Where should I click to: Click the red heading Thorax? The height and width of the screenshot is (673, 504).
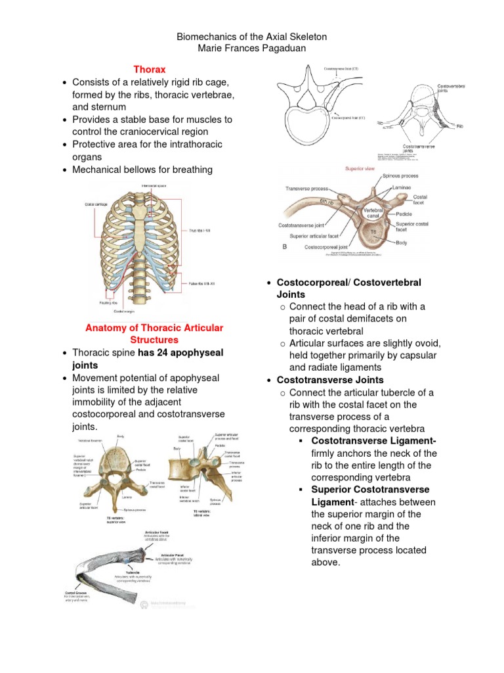tap(150, 69)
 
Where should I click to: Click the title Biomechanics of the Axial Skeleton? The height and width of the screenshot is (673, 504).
tap(251, 37)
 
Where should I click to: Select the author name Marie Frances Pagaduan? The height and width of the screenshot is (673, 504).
tap(251, 49)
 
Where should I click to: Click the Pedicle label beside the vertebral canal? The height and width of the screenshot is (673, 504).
tap(404, 214)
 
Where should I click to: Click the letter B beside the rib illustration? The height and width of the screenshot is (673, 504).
tap(284, 246)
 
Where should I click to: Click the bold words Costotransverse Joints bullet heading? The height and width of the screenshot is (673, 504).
tap(330, 380)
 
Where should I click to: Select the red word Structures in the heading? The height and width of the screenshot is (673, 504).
tap(154, 340)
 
